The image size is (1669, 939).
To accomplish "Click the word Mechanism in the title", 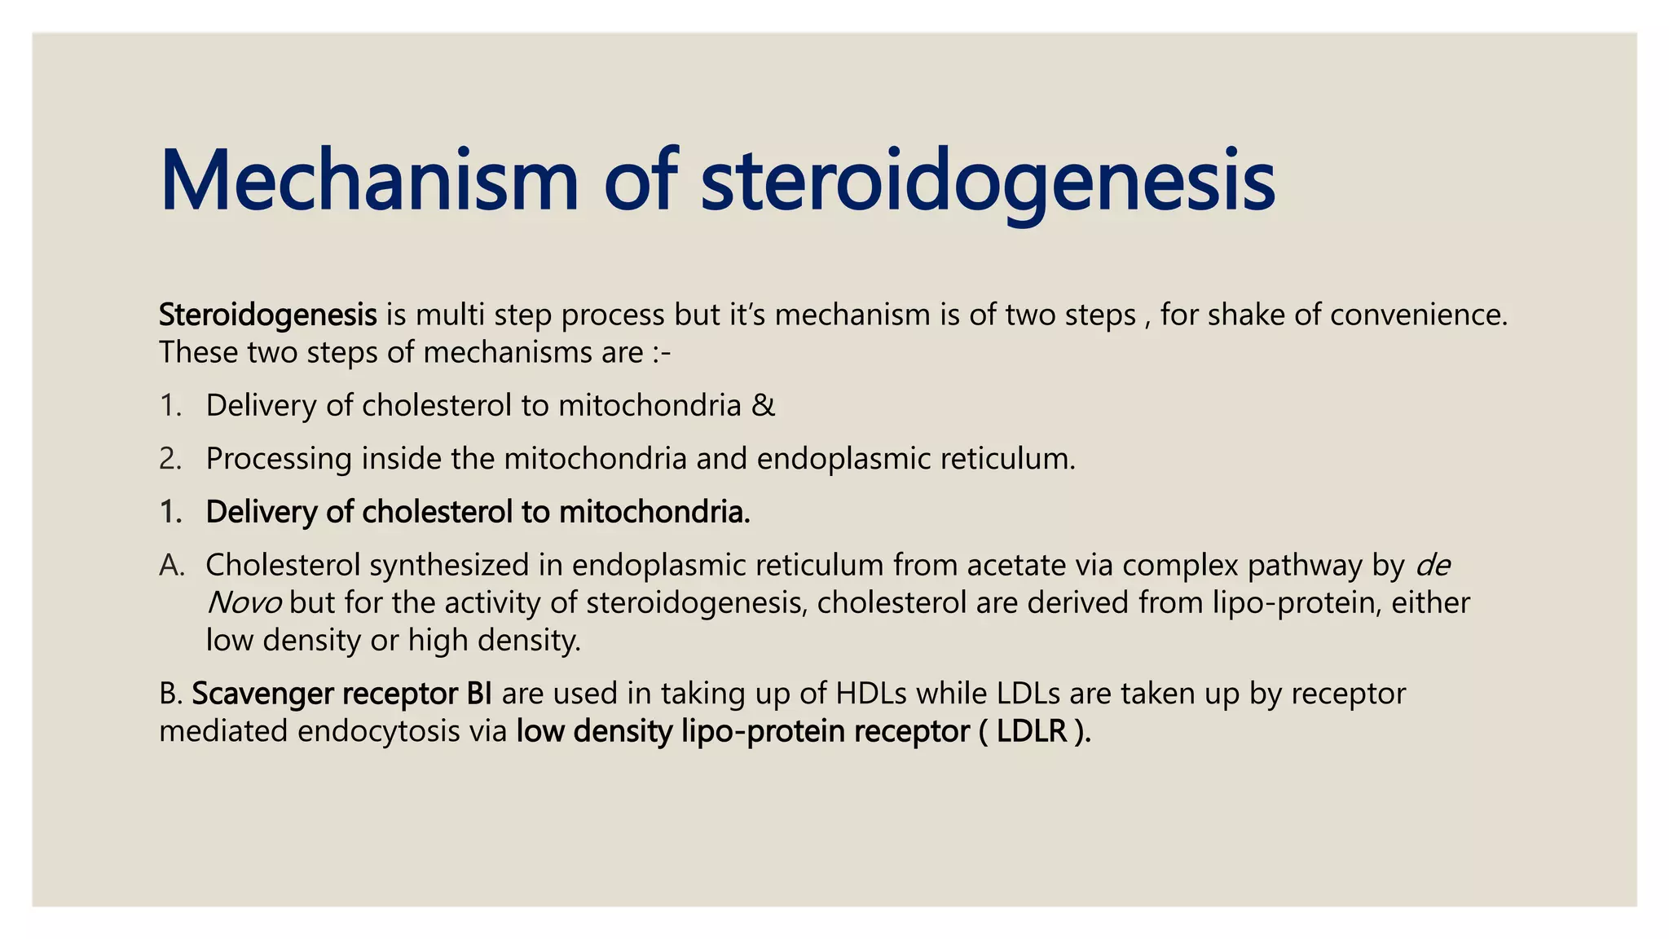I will pyautogui.click(x=368, y=181).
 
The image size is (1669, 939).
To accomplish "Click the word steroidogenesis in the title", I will pyautogui.click(x=987, y=181).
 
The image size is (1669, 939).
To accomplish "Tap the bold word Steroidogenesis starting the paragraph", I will pyautogui.click(x=267, y=315).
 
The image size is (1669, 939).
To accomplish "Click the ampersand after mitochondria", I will pyautogui.click(x=764, y=405).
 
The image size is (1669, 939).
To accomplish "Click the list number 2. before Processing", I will pyautogui.click(x=170, y=459).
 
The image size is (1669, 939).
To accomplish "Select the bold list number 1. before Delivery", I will pyautogui.click(x=170, y=512).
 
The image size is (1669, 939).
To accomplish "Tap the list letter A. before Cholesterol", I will pyautogui.click(x=172, y=565).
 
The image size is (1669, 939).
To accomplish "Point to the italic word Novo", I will pyautogui.click(x=244, y=603).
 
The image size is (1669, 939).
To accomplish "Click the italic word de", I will pyautogui.click(x=1433, y=565).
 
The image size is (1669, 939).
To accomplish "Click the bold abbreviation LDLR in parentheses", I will pyautogui.click(x=1032, y=731).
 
